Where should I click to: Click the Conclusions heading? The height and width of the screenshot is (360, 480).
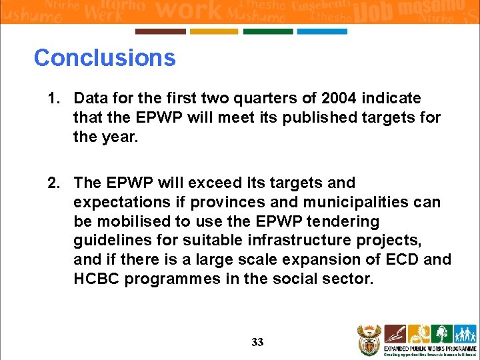[x=105, y=58]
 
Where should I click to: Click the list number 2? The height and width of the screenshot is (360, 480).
[x=53, y=183]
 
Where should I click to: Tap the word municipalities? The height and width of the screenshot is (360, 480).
[x=344, y=202]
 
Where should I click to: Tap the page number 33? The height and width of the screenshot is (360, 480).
[x=257, y=343]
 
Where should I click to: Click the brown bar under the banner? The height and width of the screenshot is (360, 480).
[x=160, y=31]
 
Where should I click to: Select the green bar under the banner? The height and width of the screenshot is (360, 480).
[x=268, y=31]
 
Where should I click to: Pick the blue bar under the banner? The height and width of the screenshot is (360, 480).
[x=322, y=31]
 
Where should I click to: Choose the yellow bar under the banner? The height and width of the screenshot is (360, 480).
[x=214, y=31]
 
